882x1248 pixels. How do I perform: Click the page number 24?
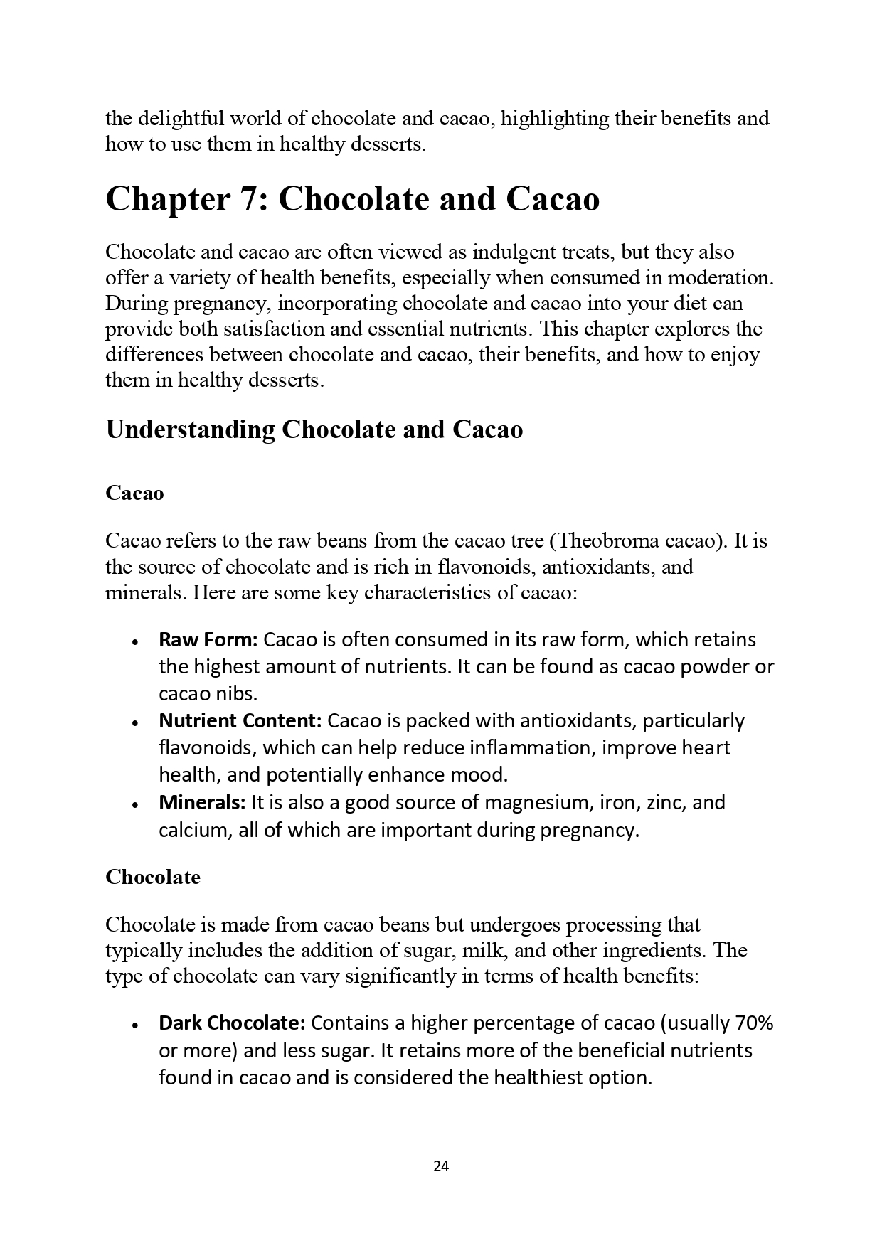point(440,1166)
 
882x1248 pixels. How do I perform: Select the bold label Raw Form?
point(208,639)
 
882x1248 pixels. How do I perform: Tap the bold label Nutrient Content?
point(240,720)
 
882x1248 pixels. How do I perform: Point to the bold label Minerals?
point(202,802)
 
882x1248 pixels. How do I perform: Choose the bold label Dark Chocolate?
point(232,1023)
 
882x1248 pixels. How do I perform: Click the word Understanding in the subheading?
point(190,430)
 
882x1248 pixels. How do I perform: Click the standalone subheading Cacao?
point(134,493)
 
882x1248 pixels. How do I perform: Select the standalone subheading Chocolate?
point(153,877)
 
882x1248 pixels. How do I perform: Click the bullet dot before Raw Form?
point(134,641)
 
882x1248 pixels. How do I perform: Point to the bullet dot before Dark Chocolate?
point(134,1025)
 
